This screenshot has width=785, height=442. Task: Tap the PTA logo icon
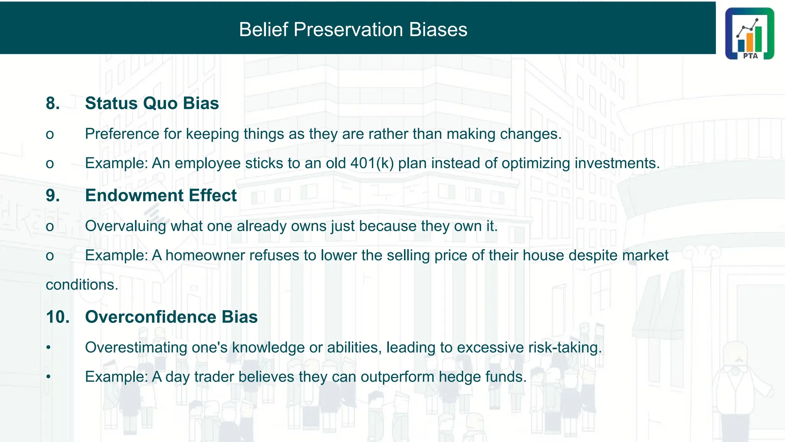[x=749, y=33]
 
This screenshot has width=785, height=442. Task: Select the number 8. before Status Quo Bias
[x=53, y=103]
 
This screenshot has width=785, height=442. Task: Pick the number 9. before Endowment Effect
[x=53, y=195]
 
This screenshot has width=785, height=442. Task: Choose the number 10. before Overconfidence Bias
[x=57, y=317]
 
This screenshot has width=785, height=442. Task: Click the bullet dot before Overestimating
[x=48, y=348]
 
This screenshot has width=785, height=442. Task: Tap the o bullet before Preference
[x=50, y=135]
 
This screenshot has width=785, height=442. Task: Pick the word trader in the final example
[x=214, y=376]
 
